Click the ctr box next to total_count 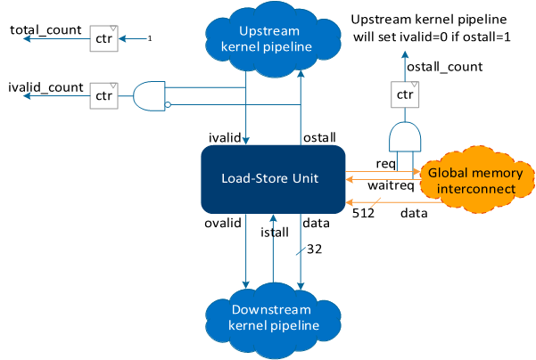tap(103, 39)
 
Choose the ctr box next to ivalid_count tap(103, 94)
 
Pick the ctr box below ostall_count tap(405, 94)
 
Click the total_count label tap(41, 31)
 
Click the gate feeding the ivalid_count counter tap(149, 95)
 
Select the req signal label tap(385, 164)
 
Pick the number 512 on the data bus tap(362, 213)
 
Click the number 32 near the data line tap(314, 250)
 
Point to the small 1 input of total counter tap(150, 38)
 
